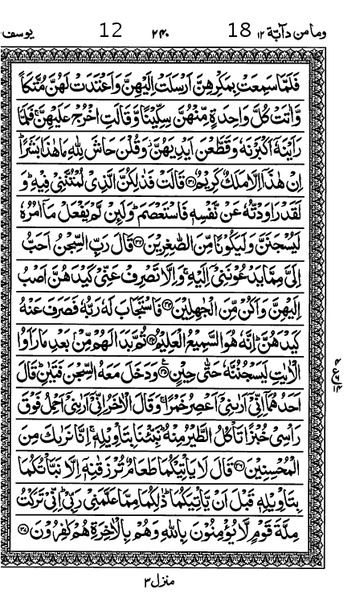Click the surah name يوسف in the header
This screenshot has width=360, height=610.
point(27,32)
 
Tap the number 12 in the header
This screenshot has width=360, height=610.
point(110,31)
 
